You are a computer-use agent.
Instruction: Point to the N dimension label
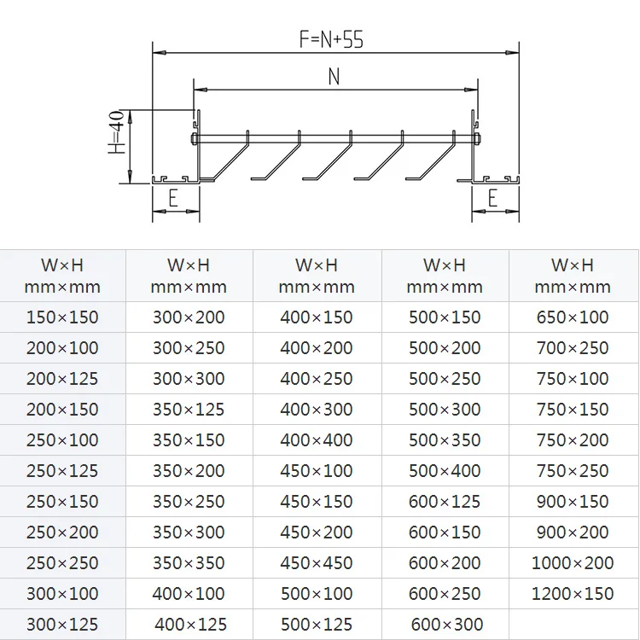pyautogui.click(x=334, y=77)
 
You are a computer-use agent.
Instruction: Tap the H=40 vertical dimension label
pyautogui.click(x=117, y=133)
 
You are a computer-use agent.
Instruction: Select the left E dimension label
pyautogui.click(x=173, y=199)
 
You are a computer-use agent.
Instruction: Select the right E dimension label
pyautogui.click(x=493, y=199)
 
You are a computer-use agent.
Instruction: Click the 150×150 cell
pyautogui.click(x=62, y=317)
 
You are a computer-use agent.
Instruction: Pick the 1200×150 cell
pyautogui.click(x=573, y=594)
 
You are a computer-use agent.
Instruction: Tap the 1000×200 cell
pyautogui.click(x=573, y=563)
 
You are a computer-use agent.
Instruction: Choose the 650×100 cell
pyautogui.click(x=573, y=317)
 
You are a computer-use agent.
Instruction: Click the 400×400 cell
pyautogui.click(x=317, y=440)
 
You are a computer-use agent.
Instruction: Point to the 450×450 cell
pyautogui.click(x=317, y=563)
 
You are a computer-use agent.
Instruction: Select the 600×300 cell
pyautogui.click(x=446, y=625)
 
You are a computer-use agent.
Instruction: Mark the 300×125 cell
pyautogui.click(x=62, y=625)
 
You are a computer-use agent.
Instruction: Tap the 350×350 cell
pyautogui.click(x=189, y=563)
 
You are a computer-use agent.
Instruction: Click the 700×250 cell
pyautogui.click(x=573, y=348)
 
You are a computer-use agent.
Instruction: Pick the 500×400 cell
pyautogui.click(x=445, y=471)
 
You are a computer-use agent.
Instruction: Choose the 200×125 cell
pyautogui.click(x=62, y=379)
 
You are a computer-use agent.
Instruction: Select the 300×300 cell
pyautogui.click(x=189, y=379)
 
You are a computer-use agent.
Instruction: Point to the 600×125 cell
pyautogui.click(x=445, y=502)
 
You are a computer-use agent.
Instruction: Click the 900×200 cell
pyautogui.click(x=573, y=532)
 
